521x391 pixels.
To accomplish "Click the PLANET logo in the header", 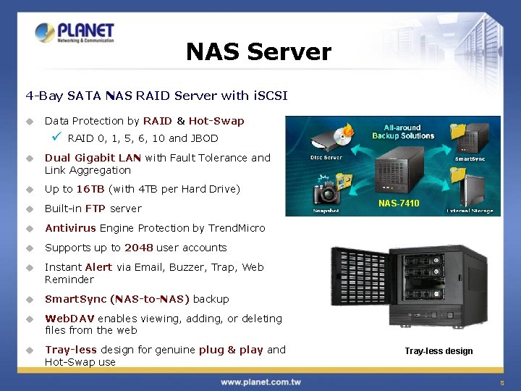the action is point(75,33).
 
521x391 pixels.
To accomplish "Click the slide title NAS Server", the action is point(258,51).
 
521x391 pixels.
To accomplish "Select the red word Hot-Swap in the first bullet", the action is point(216,121).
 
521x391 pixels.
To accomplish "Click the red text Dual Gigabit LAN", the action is point(93,158).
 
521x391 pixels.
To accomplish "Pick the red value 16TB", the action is point(90,189).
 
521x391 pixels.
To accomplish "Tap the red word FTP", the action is point(96,209).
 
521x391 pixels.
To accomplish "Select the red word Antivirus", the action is point(71,228).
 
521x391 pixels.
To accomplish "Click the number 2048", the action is point(139,248).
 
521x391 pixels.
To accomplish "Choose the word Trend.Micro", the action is point(239,228).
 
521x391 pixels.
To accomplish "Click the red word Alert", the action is point(98,267).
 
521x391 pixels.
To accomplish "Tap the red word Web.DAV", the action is point(69,319).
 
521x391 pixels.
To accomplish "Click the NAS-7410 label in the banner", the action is point(399,203).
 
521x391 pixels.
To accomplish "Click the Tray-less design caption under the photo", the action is point(439,351).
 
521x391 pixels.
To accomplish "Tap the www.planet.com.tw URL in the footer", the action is point(260,382).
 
